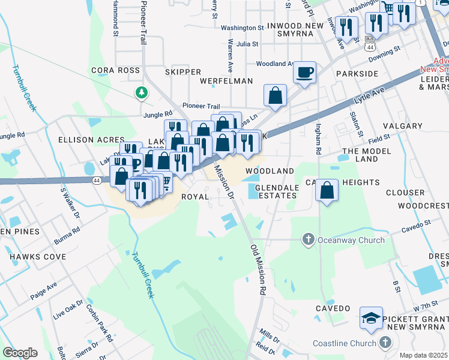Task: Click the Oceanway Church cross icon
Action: [308, 240]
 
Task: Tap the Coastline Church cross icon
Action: [385, 343]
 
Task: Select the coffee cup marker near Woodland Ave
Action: [305, 73]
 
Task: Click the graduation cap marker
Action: [371, 318]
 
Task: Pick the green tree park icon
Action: [141, 92]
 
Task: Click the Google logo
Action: [20, 352]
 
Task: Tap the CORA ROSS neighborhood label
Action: [115, 70]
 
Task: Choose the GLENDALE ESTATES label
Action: [277, 192]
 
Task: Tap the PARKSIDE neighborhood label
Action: [357, 73]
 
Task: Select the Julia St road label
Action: [247, 44]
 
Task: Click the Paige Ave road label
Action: [43, 292]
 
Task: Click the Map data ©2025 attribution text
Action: [424, 355]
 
